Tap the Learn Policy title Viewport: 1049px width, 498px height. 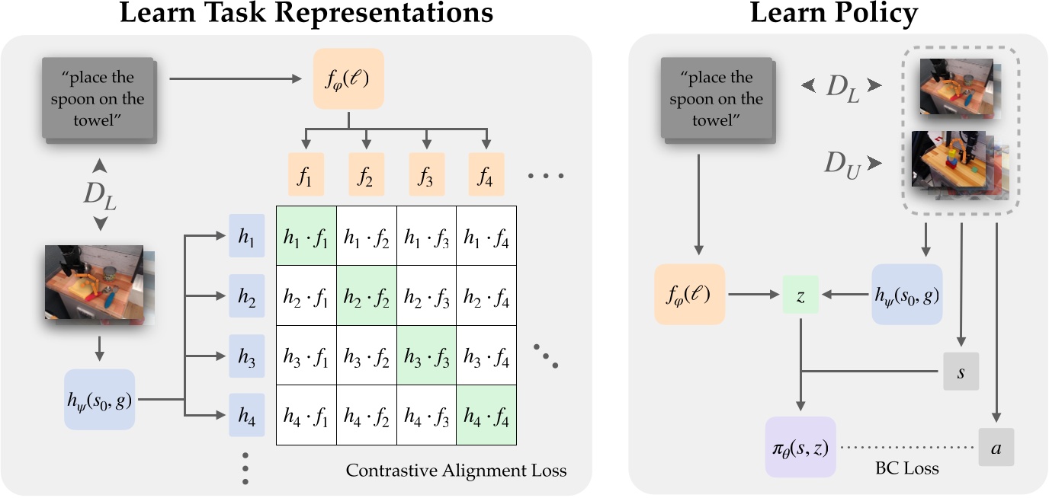(834, 14)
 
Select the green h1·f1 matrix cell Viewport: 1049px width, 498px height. (306, 237)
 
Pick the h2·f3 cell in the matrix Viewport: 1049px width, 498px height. (426, 296)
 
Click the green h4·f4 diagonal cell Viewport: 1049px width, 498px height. (486, 416)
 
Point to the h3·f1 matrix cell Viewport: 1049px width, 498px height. (306, 356)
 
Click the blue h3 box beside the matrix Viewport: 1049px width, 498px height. (246, 356)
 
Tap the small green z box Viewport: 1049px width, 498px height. (800, 295)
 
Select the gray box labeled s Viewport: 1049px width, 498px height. (961, 372)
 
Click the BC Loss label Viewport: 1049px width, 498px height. (907, 468)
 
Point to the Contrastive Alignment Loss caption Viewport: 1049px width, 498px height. (456, 471)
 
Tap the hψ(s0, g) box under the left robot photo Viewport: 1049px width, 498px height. (100, 399)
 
